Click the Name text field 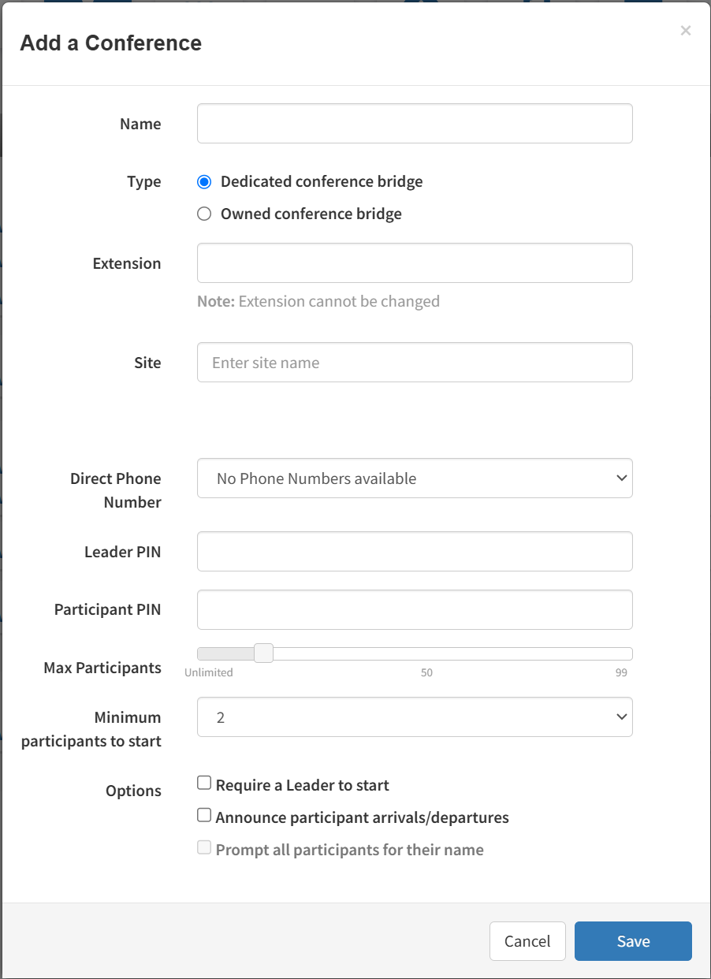tap(415, 124)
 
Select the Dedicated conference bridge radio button tap(204, 182)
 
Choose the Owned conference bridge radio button tap(204, 214)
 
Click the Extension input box tap(415, 263)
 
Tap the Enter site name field tap(415, 363)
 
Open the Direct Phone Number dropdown tap(415, 478)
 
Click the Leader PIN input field tap(415, 552)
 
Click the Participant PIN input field tap(415, 610)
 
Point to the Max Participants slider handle tap(263, 653)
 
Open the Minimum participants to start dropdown tap(415, 717)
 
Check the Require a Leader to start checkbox tap(204, 784)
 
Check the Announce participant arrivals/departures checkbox tap(204, 815)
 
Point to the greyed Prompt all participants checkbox tap(204, 848)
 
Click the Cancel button tap(527, 941)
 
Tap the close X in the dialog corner tap(686, 31)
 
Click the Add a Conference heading tap(111, 43)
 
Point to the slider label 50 tap(426, 673)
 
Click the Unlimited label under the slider tap(209, 673)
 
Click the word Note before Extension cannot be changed tap(215, 301)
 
